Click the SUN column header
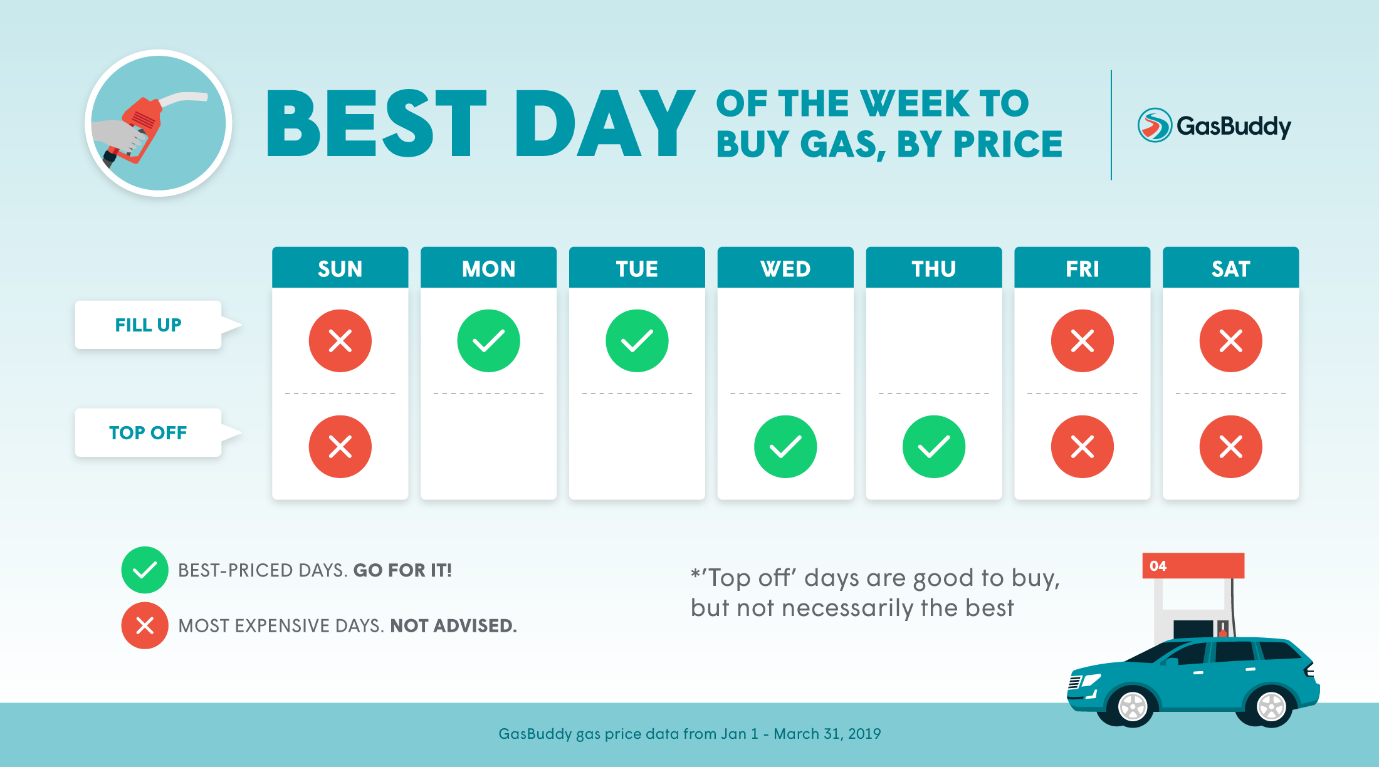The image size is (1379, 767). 340,268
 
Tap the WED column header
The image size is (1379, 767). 785,268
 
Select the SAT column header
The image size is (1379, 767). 1230,268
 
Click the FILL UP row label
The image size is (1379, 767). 148,325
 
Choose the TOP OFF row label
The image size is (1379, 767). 148,432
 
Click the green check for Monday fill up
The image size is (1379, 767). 488,341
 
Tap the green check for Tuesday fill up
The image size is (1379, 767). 637,341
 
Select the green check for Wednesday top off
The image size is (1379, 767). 785,447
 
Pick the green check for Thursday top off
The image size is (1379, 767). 934,447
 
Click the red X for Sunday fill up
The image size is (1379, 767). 340,341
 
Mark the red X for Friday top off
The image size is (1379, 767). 1083,447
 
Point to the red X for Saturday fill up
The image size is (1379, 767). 1231,341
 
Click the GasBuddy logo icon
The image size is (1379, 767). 1155,125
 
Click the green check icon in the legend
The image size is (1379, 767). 145,570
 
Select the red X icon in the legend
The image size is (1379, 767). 145,625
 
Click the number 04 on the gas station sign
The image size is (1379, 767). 1158,566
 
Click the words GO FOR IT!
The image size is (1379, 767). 402,570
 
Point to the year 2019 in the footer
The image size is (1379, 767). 864,734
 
